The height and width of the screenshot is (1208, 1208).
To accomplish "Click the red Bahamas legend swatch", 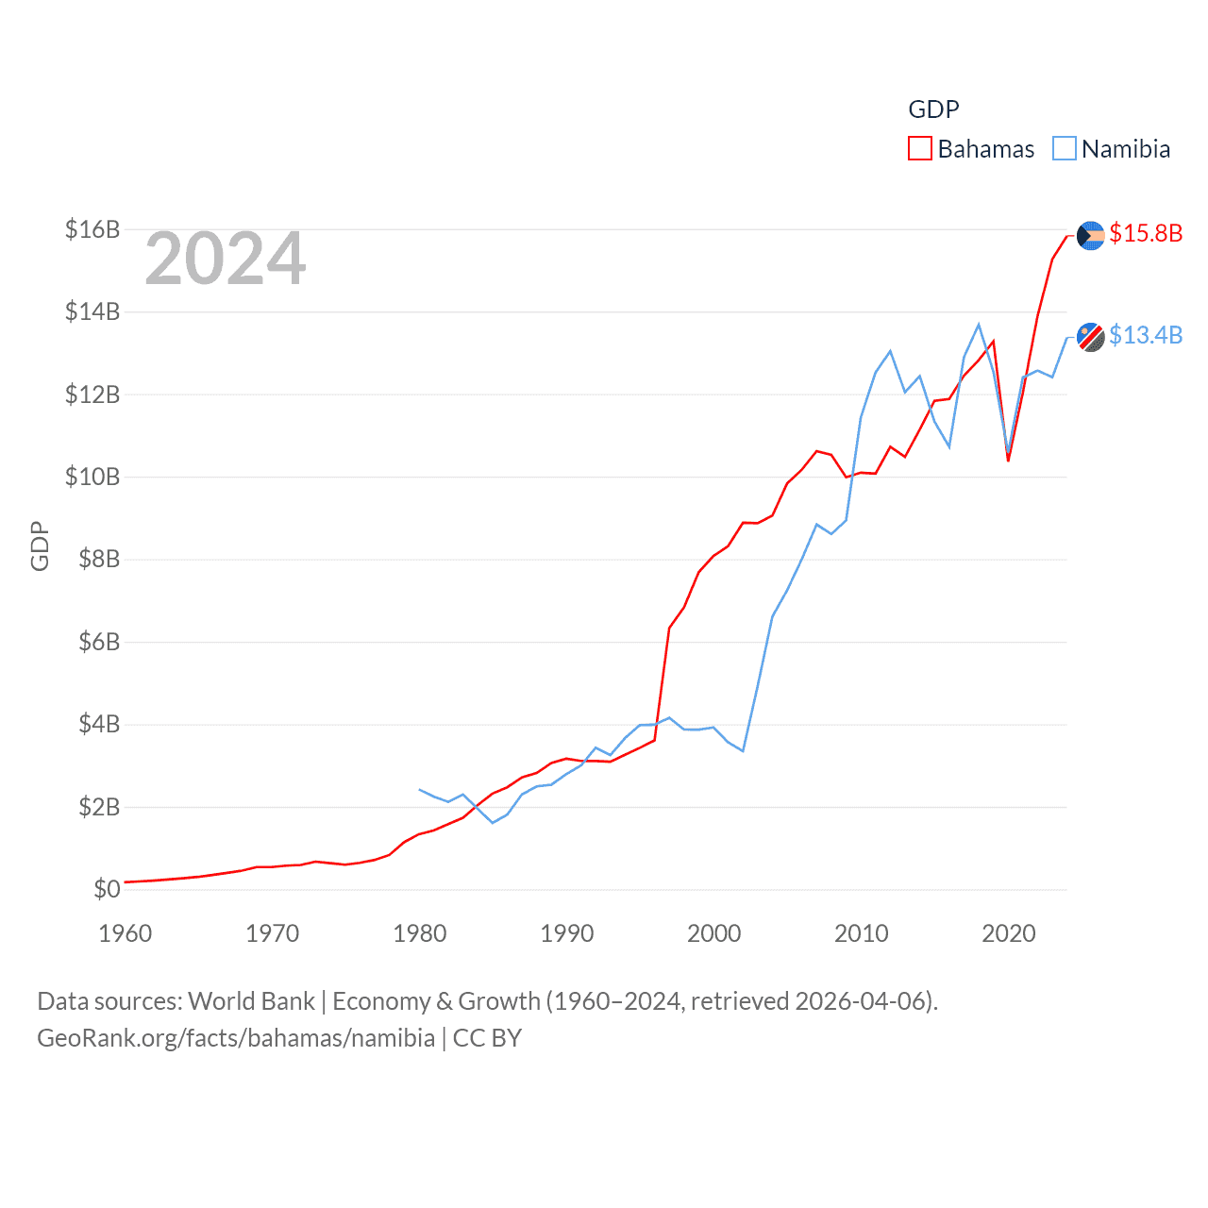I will tap(919, 149).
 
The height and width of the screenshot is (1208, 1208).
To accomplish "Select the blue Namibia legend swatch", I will tap(1064, 149).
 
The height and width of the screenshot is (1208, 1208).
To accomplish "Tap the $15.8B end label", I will tap(1146, 233).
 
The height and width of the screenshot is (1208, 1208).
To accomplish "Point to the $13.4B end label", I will tap(1146, 335).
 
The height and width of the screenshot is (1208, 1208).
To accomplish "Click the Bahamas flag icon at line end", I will tap(1090, 235).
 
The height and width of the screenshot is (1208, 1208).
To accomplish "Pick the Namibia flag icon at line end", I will tap(1090, 336).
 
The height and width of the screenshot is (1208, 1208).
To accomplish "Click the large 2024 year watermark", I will tap(226, 259).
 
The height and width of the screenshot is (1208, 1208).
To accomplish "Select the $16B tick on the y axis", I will tap(92, 229).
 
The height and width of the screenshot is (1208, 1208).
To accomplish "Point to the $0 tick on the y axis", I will tap(107, 889).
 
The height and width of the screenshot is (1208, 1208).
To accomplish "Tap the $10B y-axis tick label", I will tap(92, 477).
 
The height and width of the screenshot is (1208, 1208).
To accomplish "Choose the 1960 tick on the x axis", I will tap(126, 933).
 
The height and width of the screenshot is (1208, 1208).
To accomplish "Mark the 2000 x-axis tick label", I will tap(714, 933).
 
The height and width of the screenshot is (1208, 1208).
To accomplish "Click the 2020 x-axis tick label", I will tap(1009, 933).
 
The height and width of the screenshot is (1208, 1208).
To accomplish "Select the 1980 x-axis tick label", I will tap(420, 933).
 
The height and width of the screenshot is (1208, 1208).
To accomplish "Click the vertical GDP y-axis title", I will tap(40, 545).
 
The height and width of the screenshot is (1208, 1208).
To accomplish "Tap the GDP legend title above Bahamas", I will tap(933, 109).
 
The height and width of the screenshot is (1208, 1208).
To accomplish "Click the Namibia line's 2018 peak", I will tap(979, 325).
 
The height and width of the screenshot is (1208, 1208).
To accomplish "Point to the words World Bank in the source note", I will tap(251, 1000).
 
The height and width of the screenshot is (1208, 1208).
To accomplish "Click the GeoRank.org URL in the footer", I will tap(236, 1038).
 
